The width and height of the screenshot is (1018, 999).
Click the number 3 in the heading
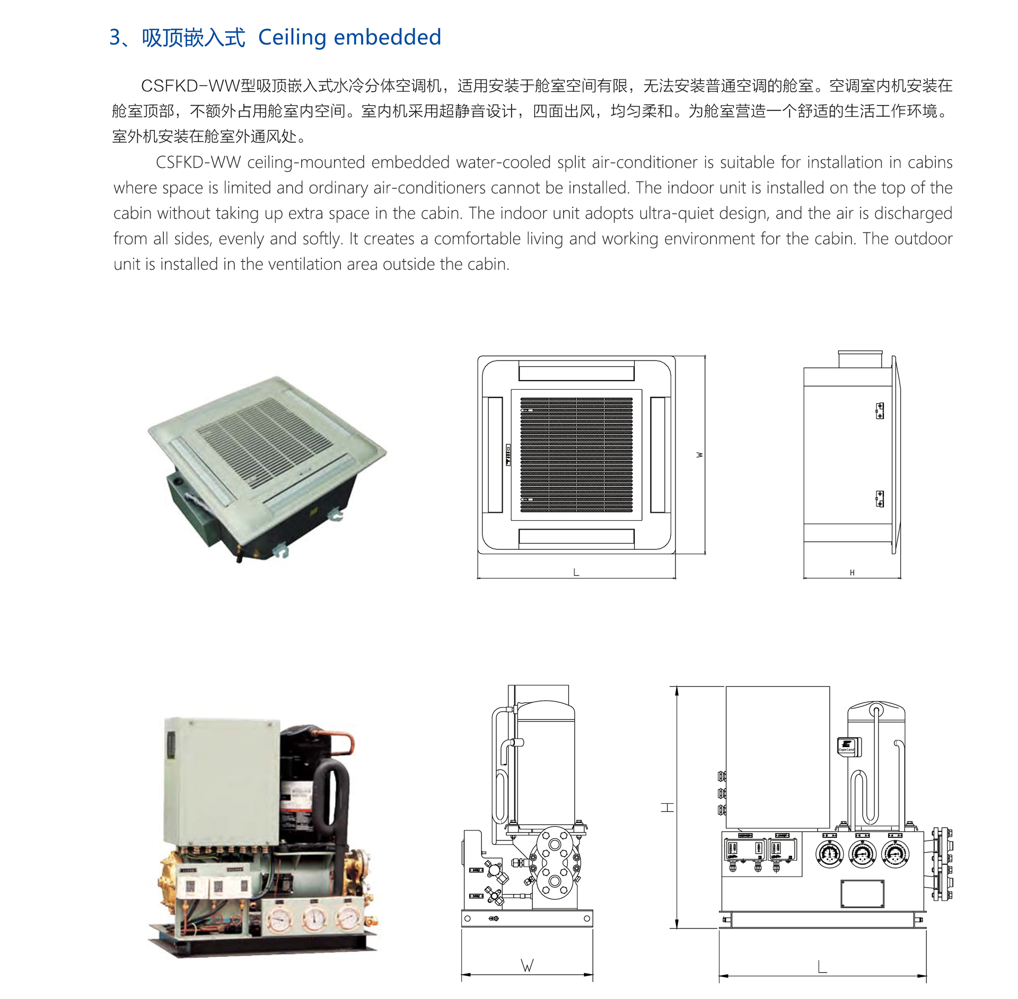(115, 38)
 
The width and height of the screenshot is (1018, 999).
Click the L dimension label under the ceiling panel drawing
(576, 573)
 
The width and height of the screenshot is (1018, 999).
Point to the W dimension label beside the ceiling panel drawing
(700, 455)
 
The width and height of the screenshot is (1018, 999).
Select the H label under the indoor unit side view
(852, 573)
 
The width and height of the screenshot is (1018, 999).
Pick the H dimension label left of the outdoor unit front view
(667, 808)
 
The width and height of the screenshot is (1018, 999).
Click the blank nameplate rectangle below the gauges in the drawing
(862, 894)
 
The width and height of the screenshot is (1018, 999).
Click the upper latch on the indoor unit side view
(880, 410)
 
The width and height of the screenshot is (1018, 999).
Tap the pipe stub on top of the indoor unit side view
(859, 359)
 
